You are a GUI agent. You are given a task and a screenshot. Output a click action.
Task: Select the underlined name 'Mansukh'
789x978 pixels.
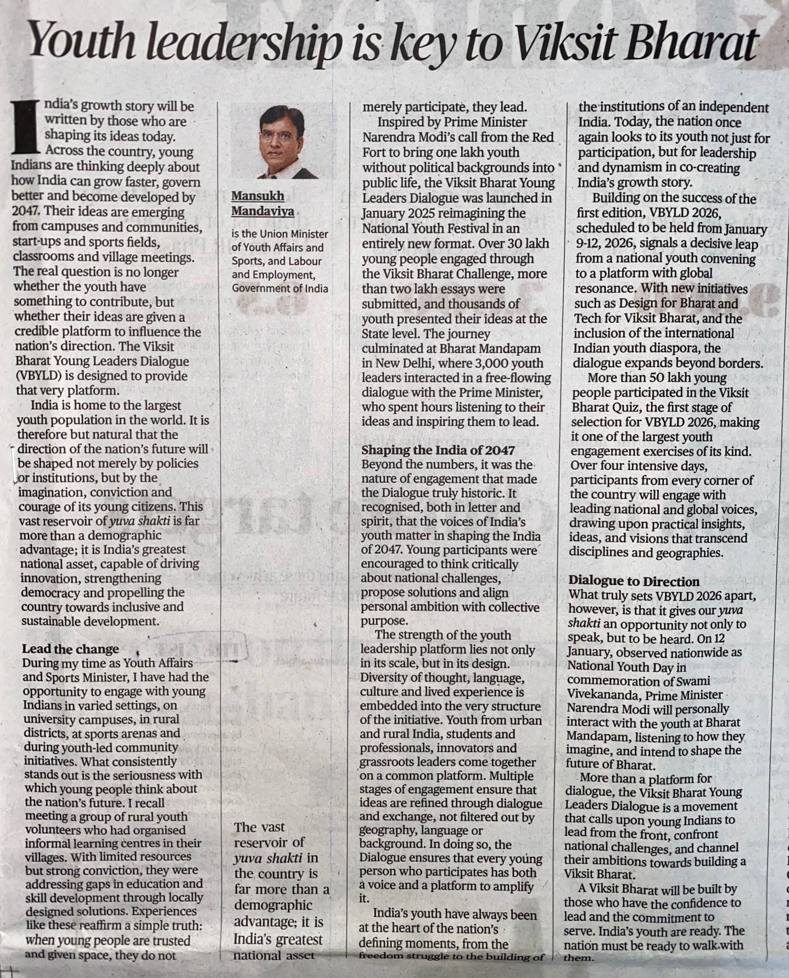coord(258,196)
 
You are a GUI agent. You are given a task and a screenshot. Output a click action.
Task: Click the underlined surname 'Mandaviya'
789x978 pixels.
coord(262,211)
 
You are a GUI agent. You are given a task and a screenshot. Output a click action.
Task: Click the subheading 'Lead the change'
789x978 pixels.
coord(70,649)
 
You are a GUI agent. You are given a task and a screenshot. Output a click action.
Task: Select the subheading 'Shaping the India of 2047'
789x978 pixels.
coord(438,450)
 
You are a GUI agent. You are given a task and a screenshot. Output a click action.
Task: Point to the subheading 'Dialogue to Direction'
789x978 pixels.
coord(634,581)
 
